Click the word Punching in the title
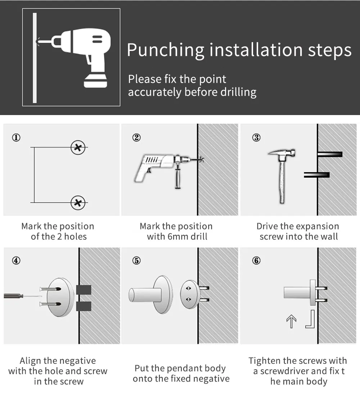[166, 50]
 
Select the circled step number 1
[16, 137]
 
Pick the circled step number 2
[136, 137]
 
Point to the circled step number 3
[256, 137]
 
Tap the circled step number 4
[16, 260]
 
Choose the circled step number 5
[136, 260]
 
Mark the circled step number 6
[256, 260]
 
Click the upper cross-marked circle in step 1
[78, 147]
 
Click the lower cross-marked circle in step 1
[78, 202]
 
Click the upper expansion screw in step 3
[330, 154]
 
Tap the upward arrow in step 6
[291, 322]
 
